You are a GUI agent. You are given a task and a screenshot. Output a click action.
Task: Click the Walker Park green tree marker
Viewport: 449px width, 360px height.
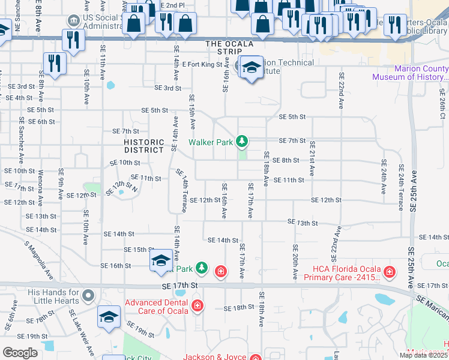pyautogui.click(x=242, y=142)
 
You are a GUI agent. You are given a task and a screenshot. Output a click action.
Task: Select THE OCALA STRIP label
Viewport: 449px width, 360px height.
pyautogui.click(x=229, y=44)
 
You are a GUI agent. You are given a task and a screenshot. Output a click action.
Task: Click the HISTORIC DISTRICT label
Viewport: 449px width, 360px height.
pyautogui.click(x=144, y=146)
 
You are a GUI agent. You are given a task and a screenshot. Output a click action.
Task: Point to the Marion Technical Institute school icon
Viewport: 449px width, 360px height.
pyautogui.click(x=252, y=68)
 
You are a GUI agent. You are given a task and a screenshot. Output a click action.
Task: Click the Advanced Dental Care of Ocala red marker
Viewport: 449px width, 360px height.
pyautogui.click(x=197, y=307)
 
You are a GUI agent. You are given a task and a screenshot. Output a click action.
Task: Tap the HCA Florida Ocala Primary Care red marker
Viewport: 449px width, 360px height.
pyautogui.click(x=390, y=272)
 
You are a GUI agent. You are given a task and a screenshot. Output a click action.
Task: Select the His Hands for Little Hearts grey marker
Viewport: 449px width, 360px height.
pyautogui.click(x=88, y=295)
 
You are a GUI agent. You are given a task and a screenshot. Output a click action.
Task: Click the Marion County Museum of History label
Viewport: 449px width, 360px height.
pyautogui.click(x=410, y=73)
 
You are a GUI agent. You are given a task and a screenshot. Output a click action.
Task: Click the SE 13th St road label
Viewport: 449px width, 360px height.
pyautogui.click(x=303, y=223)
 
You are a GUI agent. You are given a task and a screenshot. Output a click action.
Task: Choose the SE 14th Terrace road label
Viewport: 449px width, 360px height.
pyautogui.click(x=182, y=190)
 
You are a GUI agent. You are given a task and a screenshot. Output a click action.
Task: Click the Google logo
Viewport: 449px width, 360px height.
pyautogui.click(x=20, y=353)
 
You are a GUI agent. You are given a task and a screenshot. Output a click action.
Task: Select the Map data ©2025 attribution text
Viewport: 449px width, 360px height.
pyautogui.click(x=423, y=355)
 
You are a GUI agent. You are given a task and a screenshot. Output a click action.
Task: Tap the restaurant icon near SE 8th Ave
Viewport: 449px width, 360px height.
pyautogui.click(x=55, y=63)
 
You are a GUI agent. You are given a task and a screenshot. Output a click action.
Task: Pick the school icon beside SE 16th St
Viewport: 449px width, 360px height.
pyautogui.click(x=161, y=260)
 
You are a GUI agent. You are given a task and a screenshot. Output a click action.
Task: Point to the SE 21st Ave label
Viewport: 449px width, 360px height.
pyautogui.click(x=312, y=158)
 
